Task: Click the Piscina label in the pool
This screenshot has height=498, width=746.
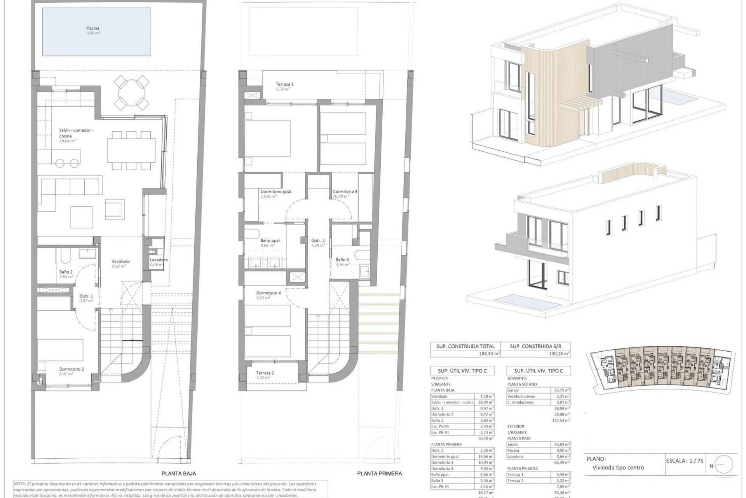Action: click(x=93, y=28)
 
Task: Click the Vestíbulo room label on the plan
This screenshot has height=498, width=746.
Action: click(x=120, y=261)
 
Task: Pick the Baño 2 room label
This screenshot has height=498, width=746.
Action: click(x=66, y=272)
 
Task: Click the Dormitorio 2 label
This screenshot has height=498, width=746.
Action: click(x=71, y=369)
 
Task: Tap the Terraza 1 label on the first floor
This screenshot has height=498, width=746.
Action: click(x=284, y=84)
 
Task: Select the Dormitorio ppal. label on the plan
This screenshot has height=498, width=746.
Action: click(x=276, y=191)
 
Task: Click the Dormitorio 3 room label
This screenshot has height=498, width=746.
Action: click(x=345, y=191)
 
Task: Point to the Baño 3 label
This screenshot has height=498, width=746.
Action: click(x=342, y=260)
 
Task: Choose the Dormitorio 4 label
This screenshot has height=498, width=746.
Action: click(x=268, y=293)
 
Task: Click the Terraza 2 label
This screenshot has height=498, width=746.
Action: click(x=265, y=373)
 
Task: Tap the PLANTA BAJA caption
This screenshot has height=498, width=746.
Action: click(x=179, y=473)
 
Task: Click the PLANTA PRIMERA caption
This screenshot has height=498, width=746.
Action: click(x=379, y=473)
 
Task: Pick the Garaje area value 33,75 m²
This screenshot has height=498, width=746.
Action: click(x=562, y=390)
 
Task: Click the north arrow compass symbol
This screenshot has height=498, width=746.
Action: click(x=723, y=465)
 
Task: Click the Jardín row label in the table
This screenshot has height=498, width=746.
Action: click(x=513, y=444)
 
